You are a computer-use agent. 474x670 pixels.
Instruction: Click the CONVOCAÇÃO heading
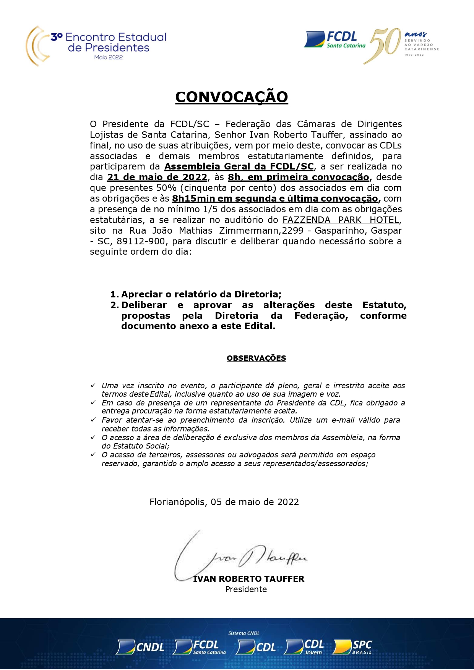(231, 97)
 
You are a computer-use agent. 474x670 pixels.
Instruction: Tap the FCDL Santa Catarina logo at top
(335, 40)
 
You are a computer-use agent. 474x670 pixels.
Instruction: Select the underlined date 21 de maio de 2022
(157, 177)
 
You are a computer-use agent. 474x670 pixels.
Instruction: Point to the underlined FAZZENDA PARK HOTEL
(341, 220)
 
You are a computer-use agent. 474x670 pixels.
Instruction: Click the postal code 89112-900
(141, 241)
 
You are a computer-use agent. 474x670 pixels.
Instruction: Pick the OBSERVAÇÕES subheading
(256, 358)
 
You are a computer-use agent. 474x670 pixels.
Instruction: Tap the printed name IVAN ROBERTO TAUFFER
(248, 579)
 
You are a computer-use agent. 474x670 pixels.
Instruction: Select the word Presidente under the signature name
(246, 589)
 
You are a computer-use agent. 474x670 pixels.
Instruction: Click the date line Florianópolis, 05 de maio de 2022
(224, 502)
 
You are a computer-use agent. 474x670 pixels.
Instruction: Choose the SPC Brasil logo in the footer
(352, 647)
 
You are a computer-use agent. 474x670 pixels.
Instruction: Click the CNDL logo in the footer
(140, 647)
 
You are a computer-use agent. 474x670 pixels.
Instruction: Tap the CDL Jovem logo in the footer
(305, 647)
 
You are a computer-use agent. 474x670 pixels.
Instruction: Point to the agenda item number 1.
(114, 294)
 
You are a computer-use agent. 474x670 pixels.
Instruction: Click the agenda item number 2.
(114, 305)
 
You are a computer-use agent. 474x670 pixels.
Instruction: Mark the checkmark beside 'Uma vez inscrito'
(93, 386)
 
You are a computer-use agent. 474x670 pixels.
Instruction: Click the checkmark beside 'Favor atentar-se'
(93, 420)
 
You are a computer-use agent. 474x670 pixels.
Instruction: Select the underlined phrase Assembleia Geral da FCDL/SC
(239, 166)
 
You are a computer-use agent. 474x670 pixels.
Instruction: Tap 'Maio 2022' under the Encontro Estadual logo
(109, 57)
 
